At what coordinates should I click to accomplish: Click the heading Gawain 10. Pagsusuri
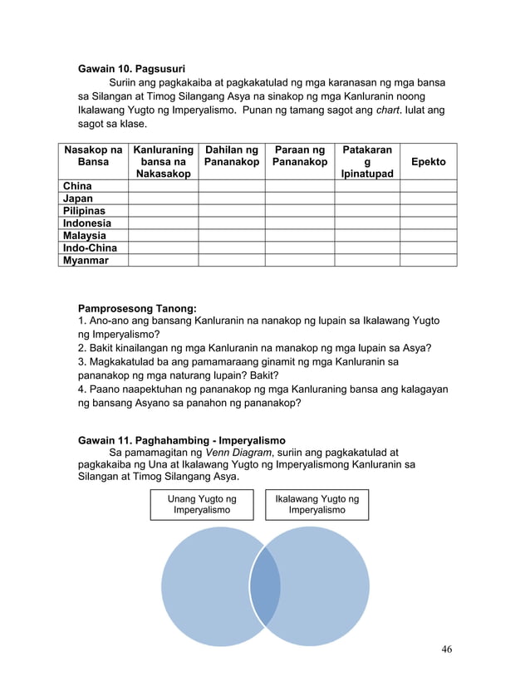tap(131, 67)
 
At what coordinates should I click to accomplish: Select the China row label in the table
tap(78, 186)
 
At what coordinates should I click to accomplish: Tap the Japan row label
tap(78, 198)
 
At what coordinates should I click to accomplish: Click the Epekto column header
tap(429, 162)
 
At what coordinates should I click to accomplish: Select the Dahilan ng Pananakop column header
tap(232, 155)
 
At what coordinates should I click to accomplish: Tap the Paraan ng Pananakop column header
tap(300, 155)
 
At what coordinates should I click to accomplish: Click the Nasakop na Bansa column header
tap(93, 155)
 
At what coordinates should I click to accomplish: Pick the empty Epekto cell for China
tap(429, 186)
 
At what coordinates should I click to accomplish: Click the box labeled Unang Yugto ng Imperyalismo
tap(202, 505)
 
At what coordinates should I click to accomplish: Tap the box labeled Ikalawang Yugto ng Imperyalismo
tap(317, 505)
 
